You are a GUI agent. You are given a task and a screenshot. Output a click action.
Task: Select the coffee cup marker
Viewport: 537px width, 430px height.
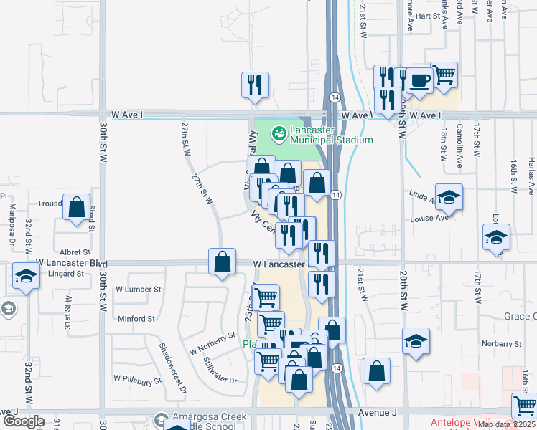click(419, 80)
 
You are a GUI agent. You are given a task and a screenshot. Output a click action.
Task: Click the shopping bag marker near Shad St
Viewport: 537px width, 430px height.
click(77, 207)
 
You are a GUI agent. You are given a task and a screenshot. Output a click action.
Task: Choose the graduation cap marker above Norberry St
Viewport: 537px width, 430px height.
click(416, 341)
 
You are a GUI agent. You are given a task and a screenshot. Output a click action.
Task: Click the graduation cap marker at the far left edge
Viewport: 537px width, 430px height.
click(26, 277)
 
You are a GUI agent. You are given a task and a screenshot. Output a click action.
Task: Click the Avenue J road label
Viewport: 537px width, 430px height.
click(378, 413)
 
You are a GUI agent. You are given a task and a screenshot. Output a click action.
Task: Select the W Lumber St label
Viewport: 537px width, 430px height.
click(138, 290)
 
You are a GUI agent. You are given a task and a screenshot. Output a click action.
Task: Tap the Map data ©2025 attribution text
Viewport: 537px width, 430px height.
click(505, 424)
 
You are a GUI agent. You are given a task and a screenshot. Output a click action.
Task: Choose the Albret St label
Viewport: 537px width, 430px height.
click(75, 252)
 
